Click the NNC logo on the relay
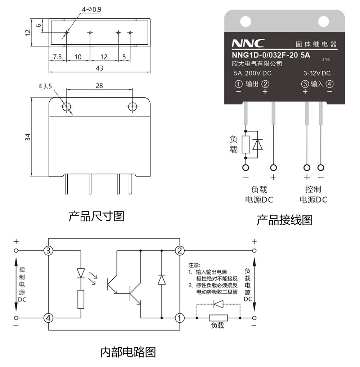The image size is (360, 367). (x=248, y=44)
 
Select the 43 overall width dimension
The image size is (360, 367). (x=99, y=68)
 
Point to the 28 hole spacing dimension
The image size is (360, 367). (x=99, y=86)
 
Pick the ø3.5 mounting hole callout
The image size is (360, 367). (x=45, y=86)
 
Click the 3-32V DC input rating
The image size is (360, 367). (x=317, y=73)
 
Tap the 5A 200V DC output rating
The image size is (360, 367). (x=253, y=73)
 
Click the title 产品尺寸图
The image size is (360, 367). (x=96, y=216)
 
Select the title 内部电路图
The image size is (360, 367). (x=128, y=352)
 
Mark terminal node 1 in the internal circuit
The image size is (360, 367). (x=180, y=318)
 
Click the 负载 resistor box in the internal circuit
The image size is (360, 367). (x=218, y=318)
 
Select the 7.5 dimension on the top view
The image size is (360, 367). (x=58, y=57)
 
